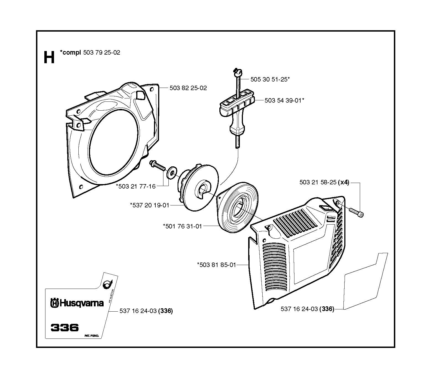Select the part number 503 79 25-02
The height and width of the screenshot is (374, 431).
click(x=102, y=53)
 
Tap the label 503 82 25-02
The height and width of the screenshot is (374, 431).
click(x=188, y=88)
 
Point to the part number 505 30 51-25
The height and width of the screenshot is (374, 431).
click(x=269, y=79)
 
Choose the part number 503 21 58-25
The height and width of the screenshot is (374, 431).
click(x=318, y=182)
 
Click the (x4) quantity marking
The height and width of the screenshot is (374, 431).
click(x=343, y=182)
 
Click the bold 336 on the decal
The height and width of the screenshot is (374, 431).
click(x=65, y=327)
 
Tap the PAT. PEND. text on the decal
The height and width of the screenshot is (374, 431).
click(x=91, y=336)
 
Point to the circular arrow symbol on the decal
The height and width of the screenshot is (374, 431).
click(x=107, y=284)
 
